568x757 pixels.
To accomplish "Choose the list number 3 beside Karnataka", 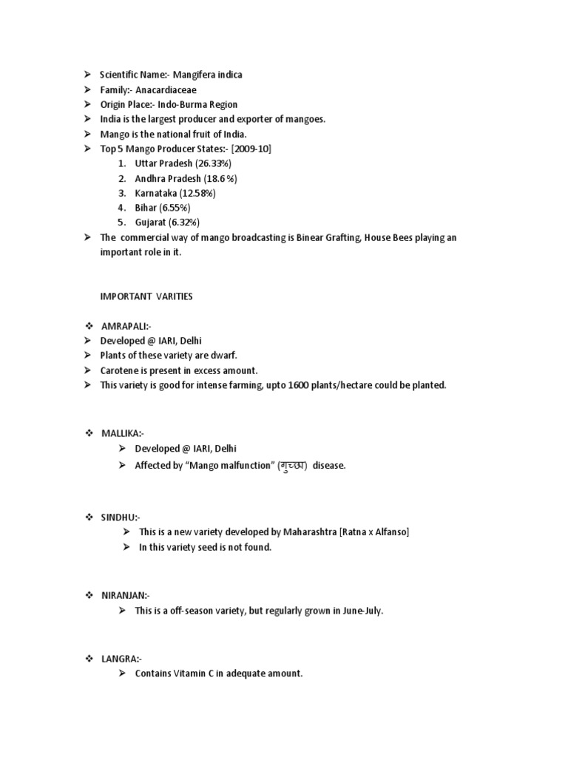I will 121,193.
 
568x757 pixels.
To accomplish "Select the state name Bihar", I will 146,208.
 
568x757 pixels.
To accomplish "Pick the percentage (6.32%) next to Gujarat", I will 184,222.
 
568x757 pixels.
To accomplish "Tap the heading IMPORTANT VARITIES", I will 146,296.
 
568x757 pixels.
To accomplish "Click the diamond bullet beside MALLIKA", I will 88,433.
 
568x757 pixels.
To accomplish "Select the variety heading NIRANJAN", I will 125,595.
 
